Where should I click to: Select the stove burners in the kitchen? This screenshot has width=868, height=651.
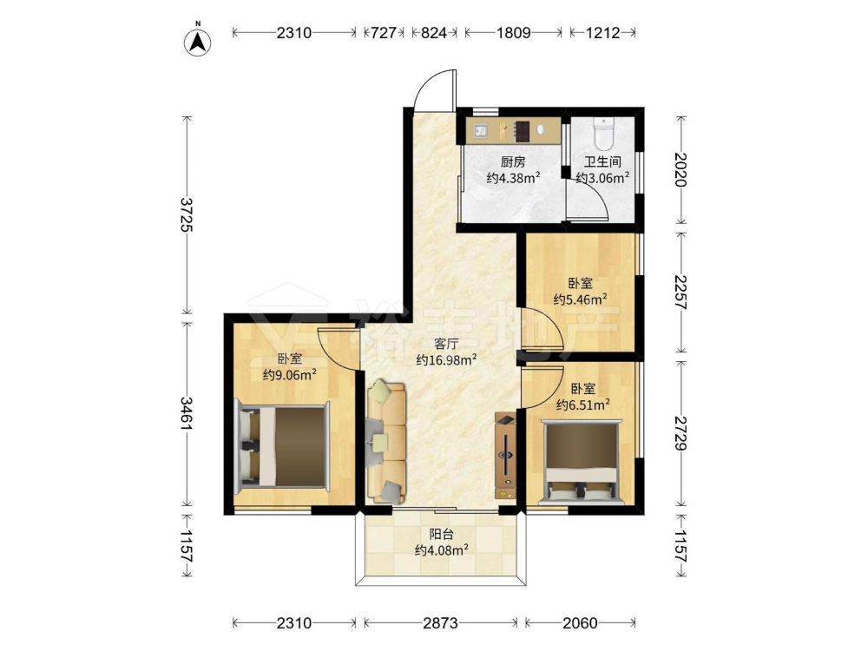[522, 131]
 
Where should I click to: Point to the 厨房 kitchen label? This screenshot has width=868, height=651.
[513, 162]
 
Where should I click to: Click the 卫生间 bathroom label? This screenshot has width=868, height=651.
[602, 162]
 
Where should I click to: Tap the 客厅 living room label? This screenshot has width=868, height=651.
[447, 344]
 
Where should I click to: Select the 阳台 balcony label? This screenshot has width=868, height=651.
[442, 534]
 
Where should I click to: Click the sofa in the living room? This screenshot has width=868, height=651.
[387, 441]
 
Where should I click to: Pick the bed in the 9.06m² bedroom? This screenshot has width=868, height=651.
[283, 447]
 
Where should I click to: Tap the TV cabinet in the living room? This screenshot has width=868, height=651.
[505, 456]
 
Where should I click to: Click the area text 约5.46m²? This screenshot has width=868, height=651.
[581, 299]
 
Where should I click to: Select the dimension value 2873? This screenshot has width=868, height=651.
[441, 623]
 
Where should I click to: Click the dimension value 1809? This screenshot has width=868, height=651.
[513, 33]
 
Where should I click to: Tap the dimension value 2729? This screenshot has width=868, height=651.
[681, 432]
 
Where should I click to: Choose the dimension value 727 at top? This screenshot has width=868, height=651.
[383, 33]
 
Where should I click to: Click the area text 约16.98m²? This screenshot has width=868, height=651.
[447, 360]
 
